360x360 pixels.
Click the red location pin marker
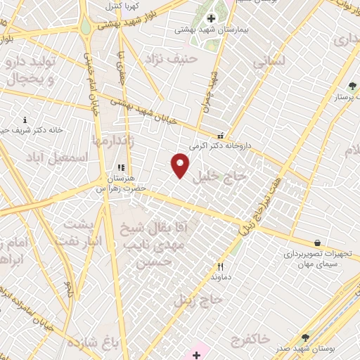[181, 165]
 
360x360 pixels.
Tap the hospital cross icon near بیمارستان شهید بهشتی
[211, 18]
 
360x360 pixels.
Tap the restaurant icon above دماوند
[220, 266]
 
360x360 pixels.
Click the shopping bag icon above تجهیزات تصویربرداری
[318, 243]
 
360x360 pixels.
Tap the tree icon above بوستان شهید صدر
[305, 338]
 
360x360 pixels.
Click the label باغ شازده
[89, 342]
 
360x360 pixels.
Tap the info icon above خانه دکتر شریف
[25, 120]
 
